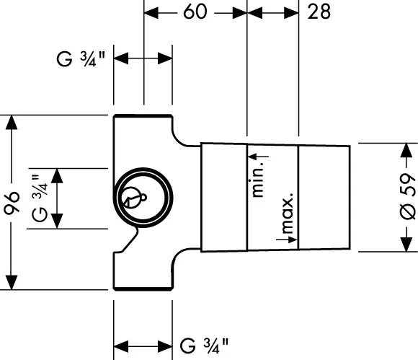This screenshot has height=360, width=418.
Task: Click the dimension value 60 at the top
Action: coord(195,12)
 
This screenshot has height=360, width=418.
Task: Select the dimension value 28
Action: coord(319,12)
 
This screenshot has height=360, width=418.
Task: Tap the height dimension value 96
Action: coord(12,203)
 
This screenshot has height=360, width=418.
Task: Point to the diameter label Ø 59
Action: coord(408,197)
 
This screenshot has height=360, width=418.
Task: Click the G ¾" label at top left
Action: coord(81,59)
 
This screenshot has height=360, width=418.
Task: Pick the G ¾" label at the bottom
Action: coord(204,346)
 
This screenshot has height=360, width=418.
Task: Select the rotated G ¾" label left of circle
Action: coord(40,198)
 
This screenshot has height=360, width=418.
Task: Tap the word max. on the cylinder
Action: coord(288,213)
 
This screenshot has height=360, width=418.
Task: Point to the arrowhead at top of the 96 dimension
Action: coord(12,122)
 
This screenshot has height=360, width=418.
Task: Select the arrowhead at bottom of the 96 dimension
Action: coord(12,282)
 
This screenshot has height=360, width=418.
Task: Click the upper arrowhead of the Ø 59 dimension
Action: coord(406,150)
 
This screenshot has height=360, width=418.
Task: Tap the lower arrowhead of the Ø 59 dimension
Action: coord(406,244)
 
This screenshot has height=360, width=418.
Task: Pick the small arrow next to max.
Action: coord(287,239)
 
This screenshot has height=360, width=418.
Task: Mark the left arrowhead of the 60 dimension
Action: coord(151,13)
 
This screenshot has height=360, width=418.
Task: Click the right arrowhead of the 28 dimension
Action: coord(291,13)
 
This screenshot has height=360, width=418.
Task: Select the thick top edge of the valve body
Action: coord(143,116)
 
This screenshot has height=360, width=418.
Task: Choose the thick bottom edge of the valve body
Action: coord(143,289)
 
